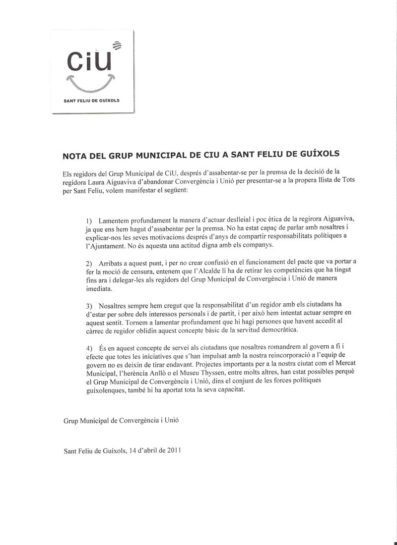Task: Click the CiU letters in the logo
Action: (x=87, y=61)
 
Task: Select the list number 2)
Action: (x=89, y=262)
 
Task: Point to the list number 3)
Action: (x=89, y=304)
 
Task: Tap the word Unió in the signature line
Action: (x=170, y=421)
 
